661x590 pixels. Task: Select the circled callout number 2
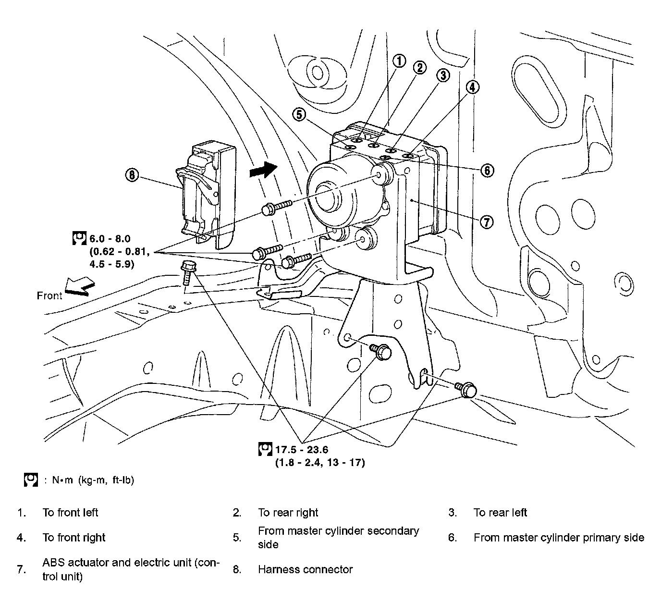point(420,68)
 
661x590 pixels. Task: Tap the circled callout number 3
point(442,75)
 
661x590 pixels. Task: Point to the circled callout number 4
point(473,87)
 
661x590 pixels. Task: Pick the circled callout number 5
point(299,114)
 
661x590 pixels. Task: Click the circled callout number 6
point(487,170)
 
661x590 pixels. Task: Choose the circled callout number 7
point(487,221)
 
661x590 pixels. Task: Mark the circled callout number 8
point(132,175)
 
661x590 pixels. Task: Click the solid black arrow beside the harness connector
point(263,170)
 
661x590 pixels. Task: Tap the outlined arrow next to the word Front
point(77,287)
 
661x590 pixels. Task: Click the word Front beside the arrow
point(49,295)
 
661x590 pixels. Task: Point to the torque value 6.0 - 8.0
point(110,238)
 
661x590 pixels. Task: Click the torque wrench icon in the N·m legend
point(31,479)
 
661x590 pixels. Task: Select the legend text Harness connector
point(306,569)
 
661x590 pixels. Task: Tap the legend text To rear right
point(288,513)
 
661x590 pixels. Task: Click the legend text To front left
point(70,513)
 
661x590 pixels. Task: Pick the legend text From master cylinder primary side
point(559,538)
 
